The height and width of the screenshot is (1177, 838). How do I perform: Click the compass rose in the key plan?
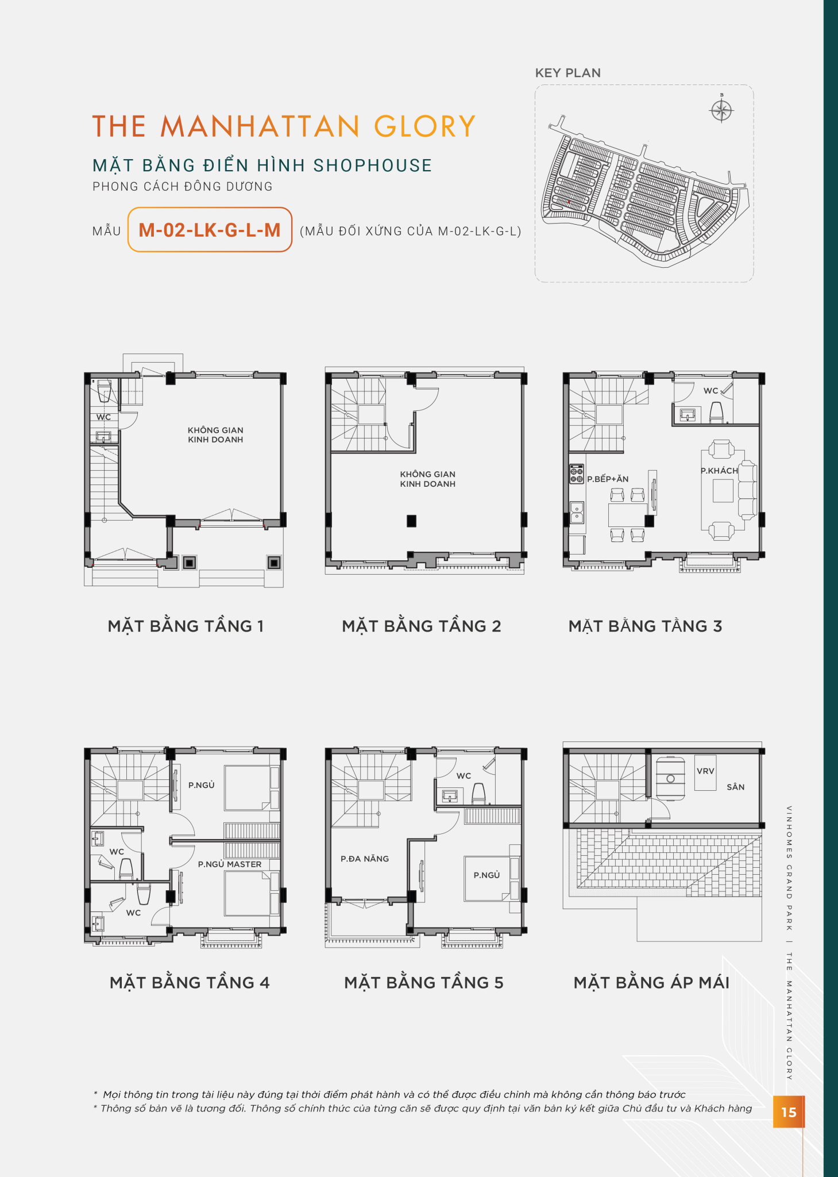(x=721, y=110)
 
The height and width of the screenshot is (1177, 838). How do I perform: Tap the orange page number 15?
(x=789, y=1112)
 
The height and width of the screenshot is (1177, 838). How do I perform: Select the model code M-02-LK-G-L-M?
(x=210, y=230)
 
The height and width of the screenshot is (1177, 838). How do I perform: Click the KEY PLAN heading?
(x=568, y=73)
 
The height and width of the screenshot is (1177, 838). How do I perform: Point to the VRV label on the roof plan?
(x=705, y=771)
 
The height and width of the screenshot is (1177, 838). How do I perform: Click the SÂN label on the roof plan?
(x=736, y=787)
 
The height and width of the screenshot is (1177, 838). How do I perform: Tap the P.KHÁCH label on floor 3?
(x=719, y=471)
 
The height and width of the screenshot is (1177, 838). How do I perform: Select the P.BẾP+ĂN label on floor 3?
(x=608, y=479)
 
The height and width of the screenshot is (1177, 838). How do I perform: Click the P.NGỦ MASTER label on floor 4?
(x=230, y=864)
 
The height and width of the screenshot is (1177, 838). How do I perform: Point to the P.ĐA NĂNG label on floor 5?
(x=365, y=859)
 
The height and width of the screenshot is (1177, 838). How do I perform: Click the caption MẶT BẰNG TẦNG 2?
(x=422, y=626)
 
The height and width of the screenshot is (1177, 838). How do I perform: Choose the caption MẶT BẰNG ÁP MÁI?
(x=651, y=982)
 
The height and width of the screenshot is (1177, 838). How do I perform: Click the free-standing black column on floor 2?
(x=411, y=521)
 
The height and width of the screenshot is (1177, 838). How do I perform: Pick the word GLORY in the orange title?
(x=425, y=126)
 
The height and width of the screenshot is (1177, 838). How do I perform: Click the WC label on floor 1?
(x=103, y=417)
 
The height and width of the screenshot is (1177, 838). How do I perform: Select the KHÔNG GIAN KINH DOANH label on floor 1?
(x=215, y=434)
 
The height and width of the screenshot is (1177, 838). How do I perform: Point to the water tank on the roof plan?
(x=670, y=778)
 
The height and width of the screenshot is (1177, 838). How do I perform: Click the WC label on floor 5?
(x=464, y=776)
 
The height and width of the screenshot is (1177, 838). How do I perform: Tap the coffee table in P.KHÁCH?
(x=723, y=490)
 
